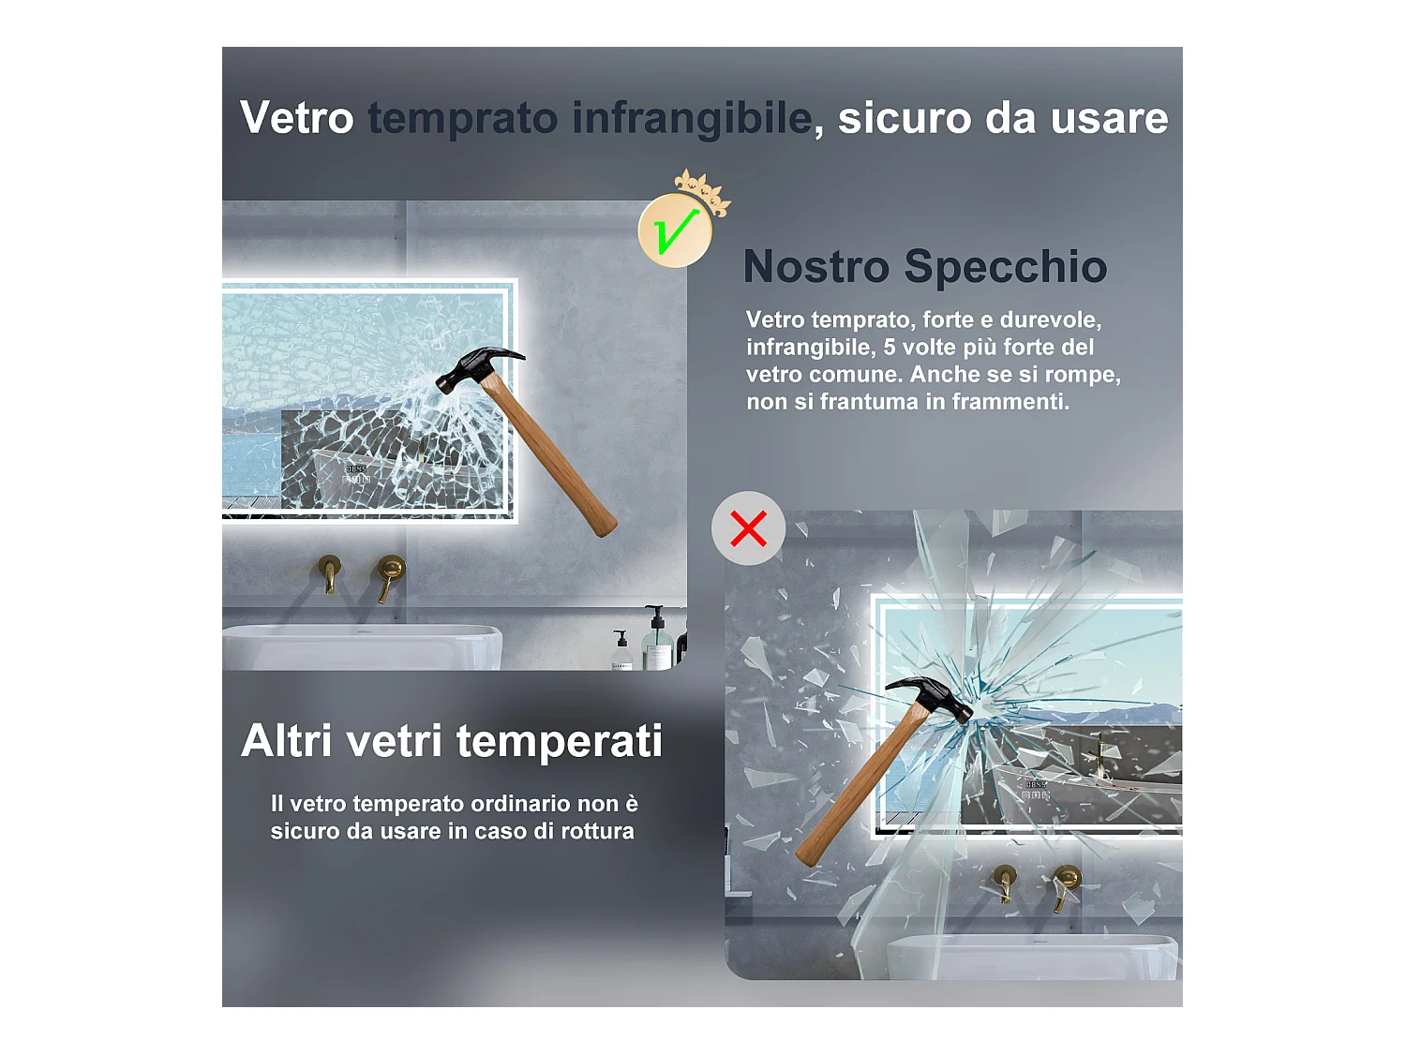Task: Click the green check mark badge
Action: [675, 230]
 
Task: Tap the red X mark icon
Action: [748, 528]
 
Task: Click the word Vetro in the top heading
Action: [296, 118]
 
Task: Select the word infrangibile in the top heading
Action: [692, 118]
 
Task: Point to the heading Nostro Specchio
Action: [925, 266]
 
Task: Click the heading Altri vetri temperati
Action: [452, 741]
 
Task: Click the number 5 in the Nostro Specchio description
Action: [890, 348]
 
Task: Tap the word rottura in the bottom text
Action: [597, 831]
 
